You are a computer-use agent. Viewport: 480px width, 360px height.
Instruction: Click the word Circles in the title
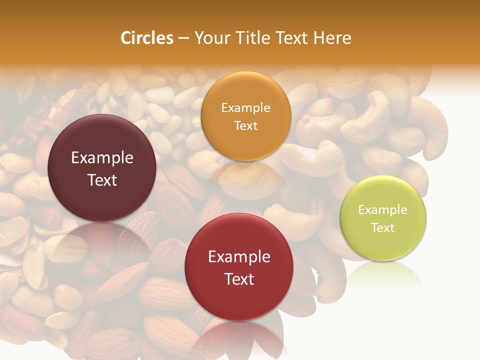pyautogui.click(x=146, y=38)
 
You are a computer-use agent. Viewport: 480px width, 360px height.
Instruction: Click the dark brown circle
pyautogui.click(x=102, y=168)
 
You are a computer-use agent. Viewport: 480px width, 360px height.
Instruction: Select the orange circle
pyautogui.click(x=245, y=116)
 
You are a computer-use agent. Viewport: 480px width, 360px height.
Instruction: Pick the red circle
pyautogui.click(x=239, y=267)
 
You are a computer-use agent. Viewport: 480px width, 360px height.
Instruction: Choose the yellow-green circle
pyautogui.click(x=383, y=218)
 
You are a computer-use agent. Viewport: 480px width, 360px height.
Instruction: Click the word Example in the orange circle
pyautogui.click(x=245, y=107)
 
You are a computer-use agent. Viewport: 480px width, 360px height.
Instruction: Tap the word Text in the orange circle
pyautogui.click(x=245, y=125)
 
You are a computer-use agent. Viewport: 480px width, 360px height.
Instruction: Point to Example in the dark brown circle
pyautogui.click(x=102, y=158)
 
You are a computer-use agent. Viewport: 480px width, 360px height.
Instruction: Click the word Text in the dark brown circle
pyautogui.click(x=102, y=180)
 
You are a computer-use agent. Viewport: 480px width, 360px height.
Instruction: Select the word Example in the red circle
pyautogui.click(x=239, y=256)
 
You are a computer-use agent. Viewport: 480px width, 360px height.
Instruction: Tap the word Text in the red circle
pyautogui.click(x=239, y=279)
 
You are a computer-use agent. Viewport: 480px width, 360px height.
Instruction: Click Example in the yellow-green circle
pyautogui.click(x=383, y=209)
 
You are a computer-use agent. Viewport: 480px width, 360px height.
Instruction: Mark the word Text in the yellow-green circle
pyautogui.click(x=383, y=227)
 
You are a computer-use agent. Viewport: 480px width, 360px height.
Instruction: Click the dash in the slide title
pyautogui.click(x=183, y=38)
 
